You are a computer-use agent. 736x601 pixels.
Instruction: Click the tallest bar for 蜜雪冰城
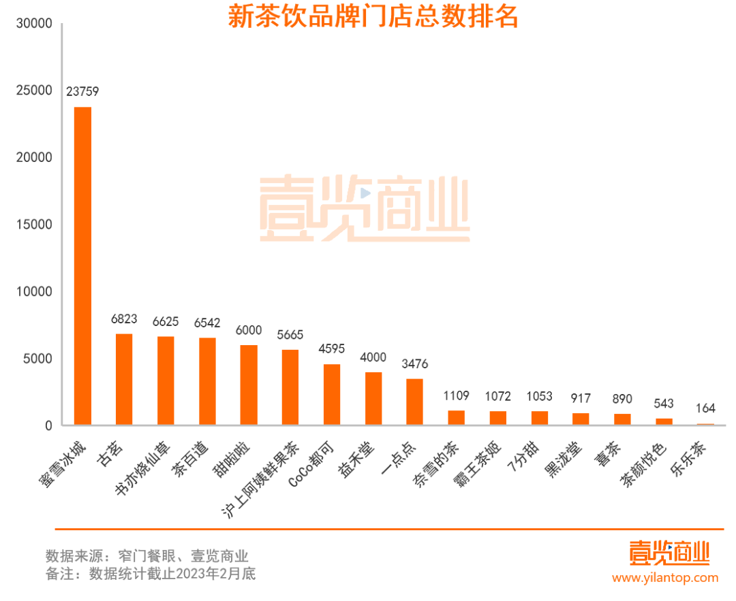tap(82, 266)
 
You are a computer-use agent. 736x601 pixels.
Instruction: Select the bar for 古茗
tap(124, 380)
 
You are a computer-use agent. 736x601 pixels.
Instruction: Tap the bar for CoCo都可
tap(332, 395)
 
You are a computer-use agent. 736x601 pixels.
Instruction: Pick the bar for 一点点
tap(415, 402)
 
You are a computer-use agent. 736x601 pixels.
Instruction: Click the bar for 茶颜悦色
tap(664, 422)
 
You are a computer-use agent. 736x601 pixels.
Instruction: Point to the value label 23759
tap(82, 91)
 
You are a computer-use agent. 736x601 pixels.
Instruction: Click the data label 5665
tap(290, 335)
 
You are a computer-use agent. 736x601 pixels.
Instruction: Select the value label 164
tap(705, 409)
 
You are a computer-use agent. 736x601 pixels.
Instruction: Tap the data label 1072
tap(497, 396)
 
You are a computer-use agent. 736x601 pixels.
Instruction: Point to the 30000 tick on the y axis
tap(34, 23)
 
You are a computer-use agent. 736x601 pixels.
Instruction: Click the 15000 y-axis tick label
tap(34, 225)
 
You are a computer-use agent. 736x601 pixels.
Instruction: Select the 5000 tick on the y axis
tap(37, 359)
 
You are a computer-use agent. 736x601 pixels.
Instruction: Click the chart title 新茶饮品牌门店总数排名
tap(373, 17)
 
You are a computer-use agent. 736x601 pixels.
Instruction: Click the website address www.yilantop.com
tap(665, 578)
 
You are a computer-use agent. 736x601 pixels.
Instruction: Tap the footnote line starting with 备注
tap(151, 574)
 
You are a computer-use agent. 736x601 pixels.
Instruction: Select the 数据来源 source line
tap(147, 555)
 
